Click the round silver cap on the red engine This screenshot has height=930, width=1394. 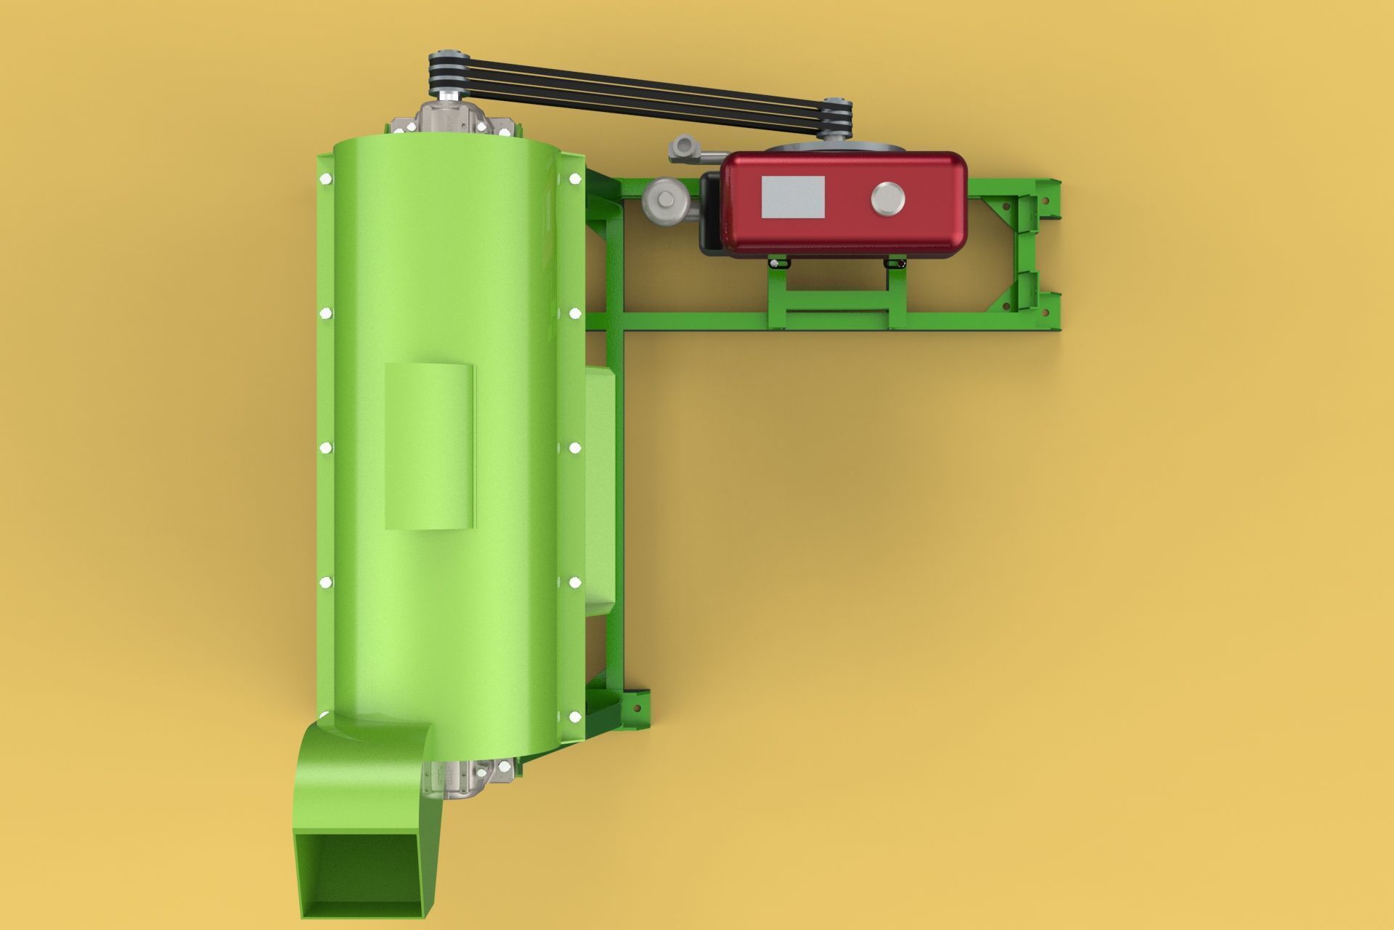(x=887, y=198)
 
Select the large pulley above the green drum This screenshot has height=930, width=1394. (x=447, y=73)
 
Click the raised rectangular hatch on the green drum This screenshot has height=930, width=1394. (x=429, y=445)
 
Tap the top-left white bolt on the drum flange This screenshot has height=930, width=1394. (x=325, y=177)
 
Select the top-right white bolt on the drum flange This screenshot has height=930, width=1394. (x=575, y=177)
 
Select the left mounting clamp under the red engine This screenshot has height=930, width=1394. (x=779, y=262)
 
